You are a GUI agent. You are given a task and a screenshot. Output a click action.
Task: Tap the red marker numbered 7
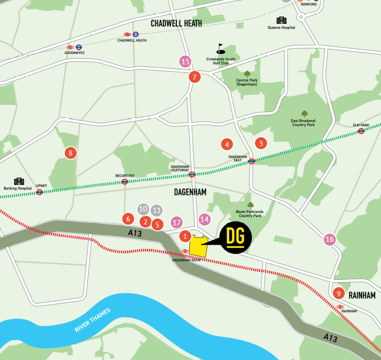click(x=194, y=77)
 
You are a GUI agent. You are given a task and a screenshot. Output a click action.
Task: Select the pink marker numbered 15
click(x=185, y=62)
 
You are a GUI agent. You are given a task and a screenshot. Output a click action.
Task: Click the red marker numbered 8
click(x=70, y=153)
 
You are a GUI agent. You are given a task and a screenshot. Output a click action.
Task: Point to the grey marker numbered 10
click(x=143, y=209)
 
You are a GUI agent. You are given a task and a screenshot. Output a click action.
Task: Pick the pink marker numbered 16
click(x=329, y=239)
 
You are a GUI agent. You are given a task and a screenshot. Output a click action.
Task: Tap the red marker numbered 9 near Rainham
click(x=338, y=293)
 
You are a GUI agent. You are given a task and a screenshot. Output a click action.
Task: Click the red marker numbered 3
click(x=260, y=143)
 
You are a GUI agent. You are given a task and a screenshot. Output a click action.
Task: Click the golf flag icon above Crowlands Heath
click(x=221, y=48)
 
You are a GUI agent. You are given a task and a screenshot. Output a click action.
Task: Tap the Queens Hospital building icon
click(x=281, y=20)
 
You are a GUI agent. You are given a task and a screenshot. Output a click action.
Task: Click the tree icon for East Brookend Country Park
click(x=304, y=113)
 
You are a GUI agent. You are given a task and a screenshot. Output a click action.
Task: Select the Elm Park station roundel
click(x=361, y=131)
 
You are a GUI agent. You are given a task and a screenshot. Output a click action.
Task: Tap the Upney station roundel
click(x=39, y=192)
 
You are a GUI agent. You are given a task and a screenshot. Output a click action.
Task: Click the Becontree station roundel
click(x=125, y=181)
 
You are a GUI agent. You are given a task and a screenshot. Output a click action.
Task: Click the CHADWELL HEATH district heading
click(x=176, y=23)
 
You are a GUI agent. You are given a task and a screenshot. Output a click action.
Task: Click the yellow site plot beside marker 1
click(x=198, y=244)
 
